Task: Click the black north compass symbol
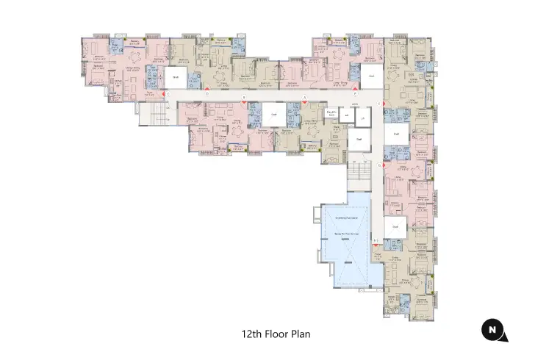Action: point(492,331)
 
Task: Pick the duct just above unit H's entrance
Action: point(395,227)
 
